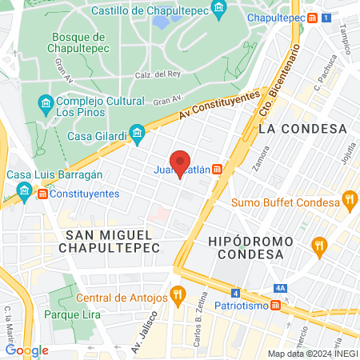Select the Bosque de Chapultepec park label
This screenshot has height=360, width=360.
click(77, 44)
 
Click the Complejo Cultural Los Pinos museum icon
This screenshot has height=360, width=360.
click(46, 103)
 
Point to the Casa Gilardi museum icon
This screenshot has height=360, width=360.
click(137, 132)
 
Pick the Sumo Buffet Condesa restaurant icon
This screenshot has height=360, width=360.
click(348, 199)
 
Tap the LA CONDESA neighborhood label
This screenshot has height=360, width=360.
click(302, 128)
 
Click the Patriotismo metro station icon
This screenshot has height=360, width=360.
click(276, 306)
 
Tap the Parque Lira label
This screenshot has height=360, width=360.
click(72, 314)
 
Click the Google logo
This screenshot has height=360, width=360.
click(26, 350)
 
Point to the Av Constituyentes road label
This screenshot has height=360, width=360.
click(220, 105)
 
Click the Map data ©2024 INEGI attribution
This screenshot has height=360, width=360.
click(311, 354)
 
